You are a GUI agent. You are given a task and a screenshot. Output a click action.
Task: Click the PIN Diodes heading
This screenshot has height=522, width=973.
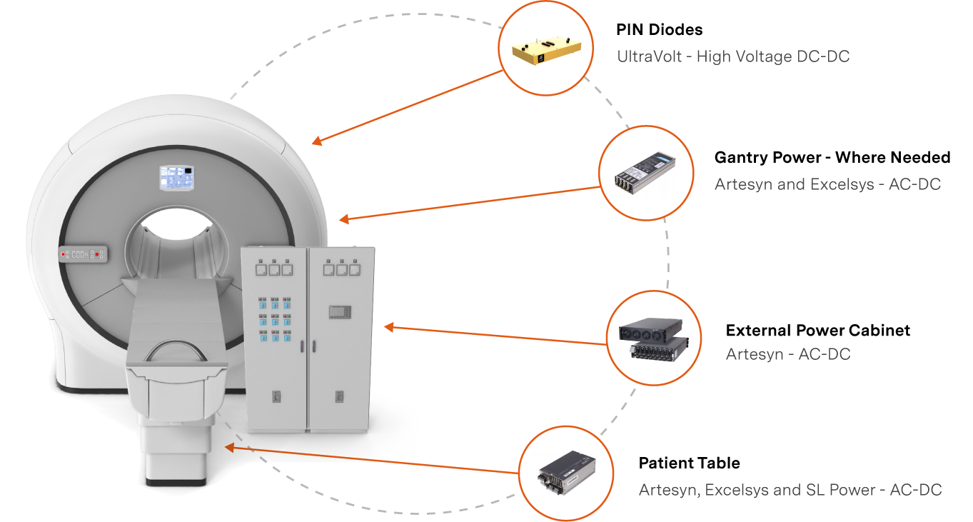coord(659,30)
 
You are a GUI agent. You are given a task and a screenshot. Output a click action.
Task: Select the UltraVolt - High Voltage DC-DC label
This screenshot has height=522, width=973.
coord(732,57)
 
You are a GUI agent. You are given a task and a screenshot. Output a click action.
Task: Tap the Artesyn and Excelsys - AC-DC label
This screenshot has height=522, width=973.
coord(827,184)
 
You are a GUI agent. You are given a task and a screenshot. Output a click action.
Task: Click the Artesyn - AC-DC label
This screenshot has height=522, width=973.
coord(788,354)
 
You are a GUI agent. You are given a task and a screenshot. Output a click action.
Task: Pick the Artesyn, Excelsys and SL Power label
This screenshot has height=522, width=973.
coord(790,490)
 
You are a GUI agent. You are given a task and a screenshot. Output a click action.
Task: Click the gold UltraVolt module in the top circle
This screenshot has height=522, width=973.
coord(545,49)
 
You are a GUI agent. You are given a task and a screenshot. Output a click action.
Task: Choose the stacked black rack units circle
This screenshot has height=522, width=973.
coord(654,338)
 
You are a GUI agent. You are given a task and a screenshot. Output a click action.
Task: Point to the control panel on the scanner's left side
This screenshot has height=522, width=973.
coord(83,254)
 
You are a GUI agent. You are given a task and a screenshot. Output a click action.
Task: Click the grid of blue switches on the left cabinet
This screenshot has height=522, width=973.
coord(275,318)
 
